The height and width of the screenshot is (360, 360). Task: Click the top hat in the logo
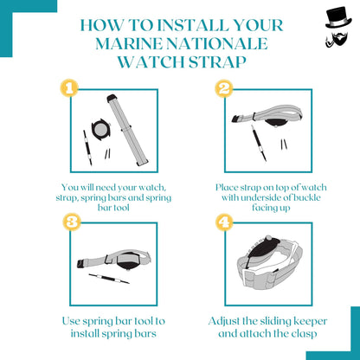coord(338,18)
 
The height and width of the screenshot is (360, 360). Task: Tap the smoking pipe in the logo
coord(330,42)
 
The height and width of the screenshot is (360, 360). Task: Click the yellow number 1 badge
coord(69,87)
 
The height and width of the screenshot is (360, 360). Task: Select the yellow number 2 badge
coord(224,87)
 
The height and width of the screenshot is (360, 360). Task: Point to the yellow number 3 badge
coord(72,222)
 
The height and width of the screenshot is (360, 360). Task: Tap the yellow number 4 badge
coord(224,222)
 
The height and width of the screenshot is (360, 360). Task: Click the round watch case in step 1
coord(100,130)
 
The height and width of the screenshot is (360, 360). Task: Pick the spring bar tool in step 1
coord(87,148)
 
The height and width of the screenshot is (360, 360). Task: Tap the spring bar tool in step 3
coord(109,279)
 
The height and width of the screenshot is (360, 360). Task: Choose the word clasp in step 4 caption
coord(304,334)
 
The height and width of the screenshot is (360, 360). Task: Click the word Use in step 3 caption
coord(71,321)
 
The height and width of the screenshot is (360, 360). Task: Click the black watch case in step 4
coord(261,250)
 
